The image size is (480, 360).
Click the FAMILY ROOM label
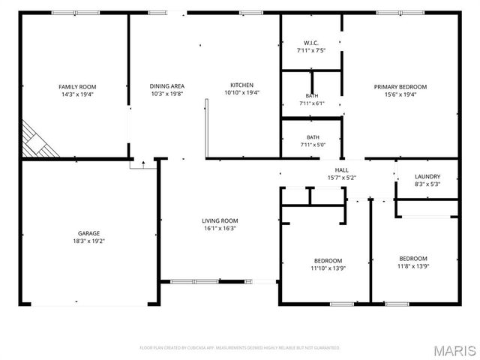[x=77, y=87]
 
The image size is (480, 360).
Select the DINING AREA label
[x=166, y=86]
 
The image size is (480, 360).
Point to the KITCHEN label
[x=241, y=85]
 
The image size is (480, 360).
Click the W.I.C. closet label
[x=311, y=43]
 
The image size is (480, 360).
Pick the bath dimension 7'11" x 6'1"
[x=312, y=103]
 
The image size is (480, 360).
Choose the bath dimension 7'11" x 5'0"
[x=313, y=145]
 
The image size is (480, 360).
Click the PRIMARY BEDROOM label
[x=400, y=87]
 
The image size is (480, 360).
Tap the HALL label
[x=342, y=170]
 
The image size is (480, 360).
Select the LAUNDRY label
[x=427, y=177]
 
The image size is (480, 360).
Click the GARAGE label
[x=88, y=233]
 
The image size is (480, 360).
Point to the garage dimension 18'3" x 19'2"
[x=88, y=241]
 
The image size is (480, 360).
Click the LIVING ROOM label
[x=220, y=220]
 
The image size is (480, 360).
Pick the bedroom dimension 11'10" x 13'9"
[x=328, y=268]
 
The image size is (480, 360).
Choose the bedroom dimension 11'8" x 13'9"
[x=413, y=266]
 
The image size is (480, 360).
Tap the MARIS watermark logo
[x=454, y=351]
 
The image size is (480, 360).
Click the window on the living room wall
[x=194, y=282]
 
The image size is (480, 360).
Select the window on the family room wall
[x=75, y=13]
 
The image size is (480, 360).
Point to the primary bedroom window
[x=400, y=13]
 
